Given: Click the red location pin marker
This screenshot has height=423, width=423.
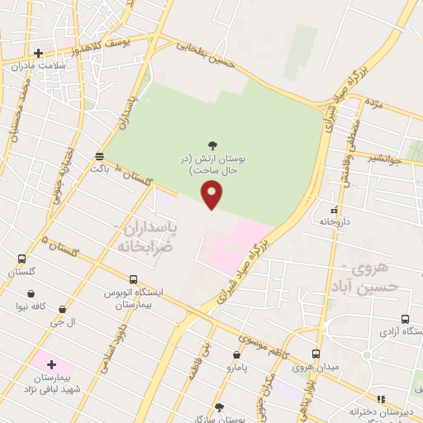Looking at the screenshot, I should pos(212,195).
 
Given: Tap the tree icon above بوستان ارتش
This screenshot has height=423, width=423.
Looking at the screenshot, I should pos(213,145).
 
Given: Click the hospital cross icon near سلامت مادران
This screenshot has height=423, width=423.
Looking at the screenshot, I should pos(38,54).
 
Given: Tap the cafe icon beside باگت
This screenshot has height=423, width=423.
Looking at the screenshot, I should pos(99,155).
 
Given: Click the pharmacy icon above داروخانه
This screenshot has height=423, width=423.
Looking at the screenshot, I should pos(335,211).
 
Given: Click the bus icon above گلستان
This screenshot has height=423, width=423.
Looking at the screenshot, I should pos(21,259).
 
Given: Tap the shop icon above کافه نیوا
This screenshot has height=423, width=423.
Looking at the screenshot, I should pos(31,293).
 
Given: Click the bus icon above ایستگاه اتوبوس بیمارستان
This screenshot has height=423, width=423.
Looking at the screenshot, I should pos(132,280).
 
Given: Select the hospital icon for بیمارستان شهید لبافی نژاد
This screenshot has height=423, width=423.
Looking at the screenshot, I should pos(50,364).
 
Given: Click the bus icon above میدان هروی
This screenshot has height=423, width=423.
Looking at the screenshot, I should pos(316,354).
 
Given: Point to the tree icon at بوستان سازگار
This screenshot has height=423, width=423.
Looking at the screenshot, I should pos(219,406).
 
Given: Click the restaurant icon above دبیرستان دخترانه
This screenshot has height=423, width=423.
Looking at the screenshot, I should pos(382,400).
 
